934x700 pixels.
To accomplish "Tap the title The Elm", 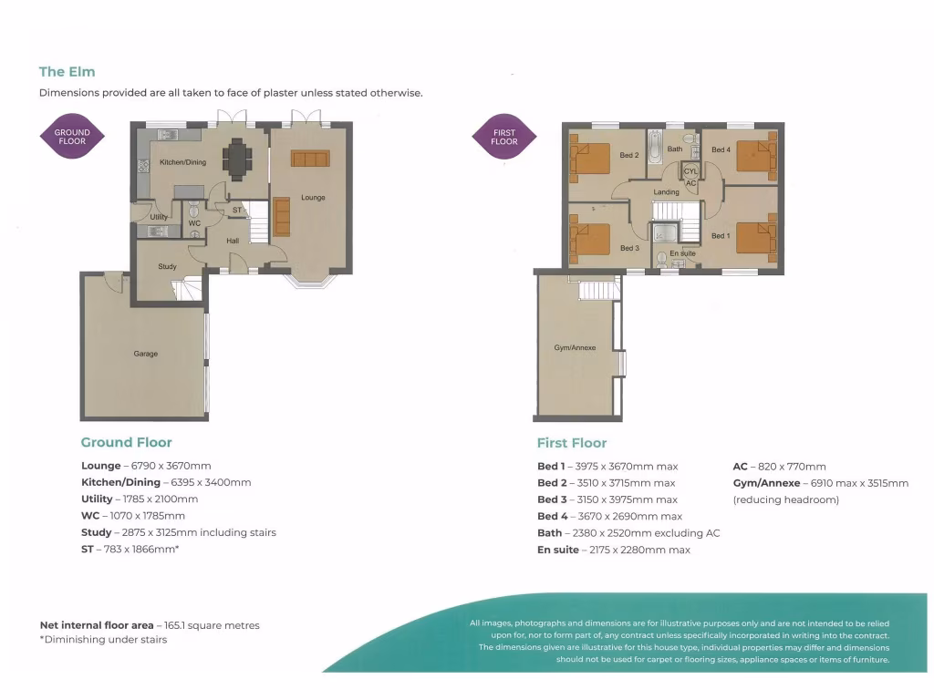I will click(x=67, y=71).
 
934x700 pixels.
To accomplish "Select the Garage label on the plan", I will click(x=146, y=354).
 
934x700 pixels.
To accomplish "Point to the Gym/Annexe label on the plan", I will click(x=575, y=347).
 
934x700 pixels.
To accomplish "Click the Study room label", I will click(x=167, y=267).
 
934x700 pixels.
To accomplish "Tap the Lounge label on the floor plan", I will click(x=313, y=197).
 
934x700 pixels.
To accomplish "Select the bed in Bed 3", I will click(x=591, y=241).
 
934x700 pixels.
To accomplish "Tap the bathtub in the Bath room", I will click(x=654, y=146).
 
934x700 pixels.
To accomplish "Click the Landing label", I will click(x=666, y=191).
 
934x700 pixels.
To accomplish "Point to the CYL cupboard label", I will click(x=690, y=170).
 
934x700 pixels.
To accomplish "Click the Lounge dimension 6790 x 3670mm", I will click(x=168, y=466).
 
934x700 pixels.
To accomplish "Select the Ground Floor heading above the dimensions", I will click(x=126, y=442).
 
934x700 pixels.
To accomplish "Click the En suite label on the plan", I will click(x=682, y=252).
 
